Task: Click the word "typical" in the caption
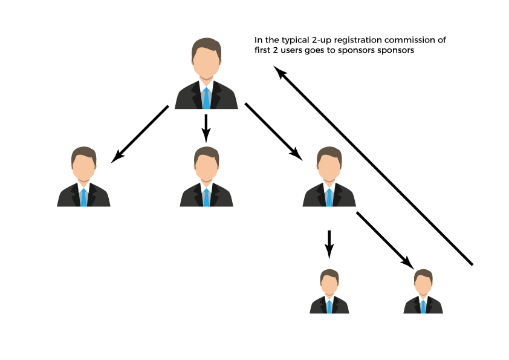click(295, 41)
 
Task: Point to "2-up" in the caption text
click(322, 41)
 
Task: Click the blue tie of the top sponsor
click(206, 98)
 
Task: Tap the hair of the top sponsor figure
click(206, 47)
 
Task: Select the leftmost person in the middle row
click(84, 177)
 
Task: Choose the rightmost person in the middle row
click(329, 177)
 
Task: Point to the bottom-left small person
click(329, 291)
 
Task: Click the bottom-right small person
click(423, 291)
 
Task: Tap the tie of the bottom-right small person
click(423, 307)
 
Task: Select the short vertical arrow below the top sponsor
click(206, 128)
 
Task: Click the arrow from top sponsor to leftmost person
click(140, 134)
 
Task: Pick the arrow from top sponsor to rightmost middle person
click(274, 131)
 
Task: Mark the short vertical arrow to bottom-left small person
click(329, 244)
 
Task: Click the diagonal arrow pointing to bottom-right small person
click(385, 240)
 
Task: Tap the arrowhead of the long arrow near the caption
click(279, 71)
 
